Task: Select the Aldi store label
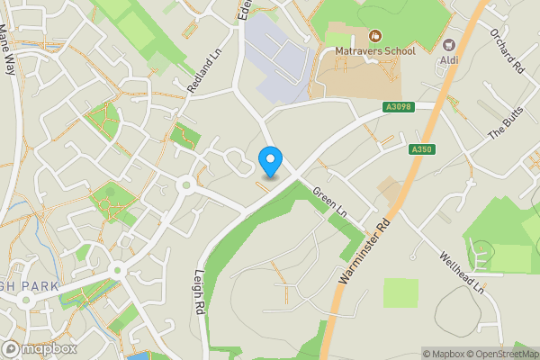450,60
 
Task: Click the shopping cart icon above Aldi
450,45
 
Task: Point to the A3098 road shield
397,106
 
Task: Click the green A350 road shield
421,149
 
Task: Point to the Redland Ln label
204,70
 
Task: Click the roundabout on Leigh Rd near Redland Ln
185,185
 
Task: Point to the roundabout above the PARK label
118,270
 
